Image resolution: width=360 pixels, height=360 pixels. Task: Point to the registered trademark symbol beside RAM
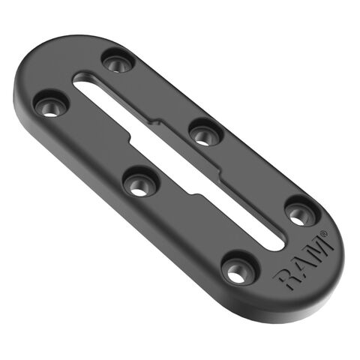tap(323, 234)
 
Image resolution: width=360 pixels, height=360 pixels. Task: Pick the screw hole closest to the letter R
tap(238, 268)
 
